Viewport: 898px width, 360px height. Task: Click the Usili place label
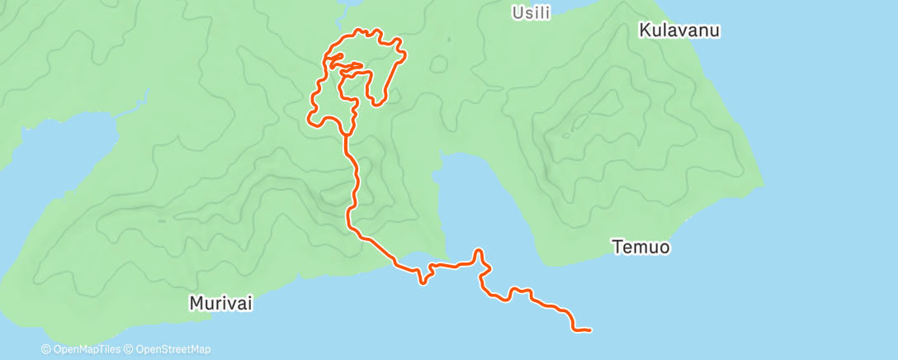531,12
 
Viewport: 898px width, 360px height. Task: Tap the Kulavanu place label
680,31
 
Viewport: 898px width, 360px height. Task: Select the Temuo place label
640,246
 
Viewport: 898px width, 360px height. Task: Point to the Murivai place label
220,303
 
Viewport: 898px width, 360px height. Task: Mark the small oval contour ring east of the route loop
440,64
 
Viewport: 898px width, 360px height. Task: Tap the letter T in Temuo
616,246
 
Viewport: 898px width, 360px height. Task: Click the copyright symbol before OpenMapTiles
46,349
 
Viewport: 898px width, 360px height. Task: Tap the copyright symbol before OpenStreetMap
130,349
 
